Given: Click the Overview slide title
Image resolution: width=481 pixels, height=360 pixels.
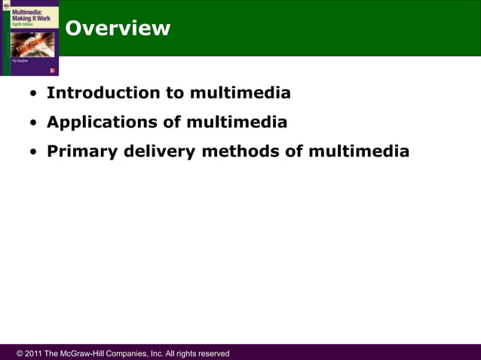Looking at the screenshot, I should (118, 29).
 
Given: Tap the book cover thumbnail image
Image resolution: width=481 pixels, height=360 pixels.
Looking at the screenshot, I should (29, 38).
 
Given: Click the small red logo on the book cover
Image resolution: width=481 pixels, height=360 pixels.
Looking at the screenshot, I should (52, 70).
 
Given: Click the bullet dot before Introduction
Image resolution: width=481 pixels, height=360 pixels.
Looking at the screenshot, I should (33, 94).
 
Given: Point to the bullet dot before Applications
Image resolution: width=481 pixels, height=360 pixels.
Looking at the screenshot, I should (33, 123).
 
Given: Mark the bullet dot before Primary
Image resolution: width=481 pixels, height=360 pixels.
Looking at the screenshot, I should (33, 152).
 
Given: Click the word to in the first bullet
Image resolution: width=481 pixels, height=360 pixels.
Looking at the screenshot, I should (176, 93).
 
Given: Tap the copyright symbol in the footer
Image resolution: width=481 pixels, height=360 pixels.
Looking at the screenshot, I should (20, 353).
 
